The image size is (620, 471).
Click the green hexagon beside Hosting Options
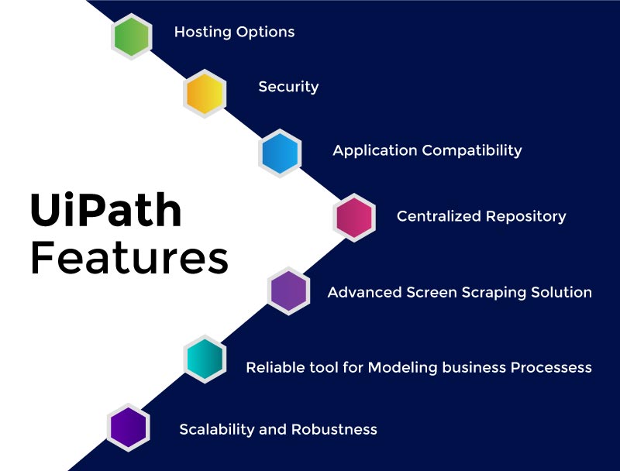(x=130, y=36)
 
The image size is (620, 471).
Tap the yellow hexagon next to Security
(x=205, y=93)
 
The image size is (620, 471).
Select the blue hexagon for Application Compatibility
(x=279, y=153)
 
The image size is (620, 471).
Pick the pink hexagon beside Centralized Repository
(x=354, y=217)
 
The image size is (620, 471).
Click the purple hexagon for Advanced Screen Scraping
(x=289, y=291)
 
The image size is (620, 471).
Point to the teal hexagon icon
(x=205, y=358)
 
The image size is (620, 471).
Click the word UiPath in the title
(x=105, y=209)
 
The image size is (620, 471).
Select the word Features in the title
(x=129, y=259)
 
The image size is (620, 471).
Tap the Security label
(x=288, y=87)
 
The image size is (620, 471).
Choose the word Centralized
(x=439, y=216)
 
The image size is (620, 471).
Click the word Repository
(x=528, y=217)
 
